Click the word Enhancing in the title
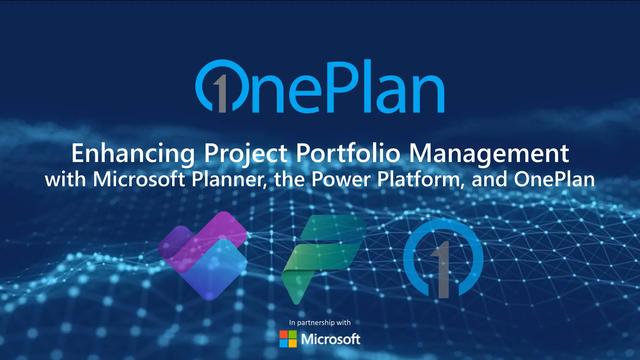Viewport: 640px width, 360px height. coord(133,153)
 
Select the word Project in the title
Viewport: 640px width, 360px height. coord(246,153)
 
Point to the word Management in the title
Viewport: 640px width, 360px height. coord(489,153)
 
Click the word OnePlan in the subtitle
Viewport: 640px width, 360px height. coord(554,179)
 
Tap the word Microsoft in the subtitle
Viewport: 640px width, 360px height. coord(139,179)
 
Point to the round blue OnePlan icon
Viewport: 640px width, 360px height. coord(443,258)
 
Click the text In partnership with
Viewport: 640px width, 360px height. coord(320,322)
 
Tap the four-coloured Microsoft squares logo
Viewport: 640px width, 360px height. coord(288,339)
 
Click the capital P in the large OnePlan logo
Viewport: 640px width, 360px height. coord(344,86)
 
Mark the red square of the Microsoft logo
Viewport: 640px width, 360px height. coord(283,335)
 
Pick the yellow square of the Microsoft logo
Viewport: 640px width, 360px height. coord(292,343)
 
